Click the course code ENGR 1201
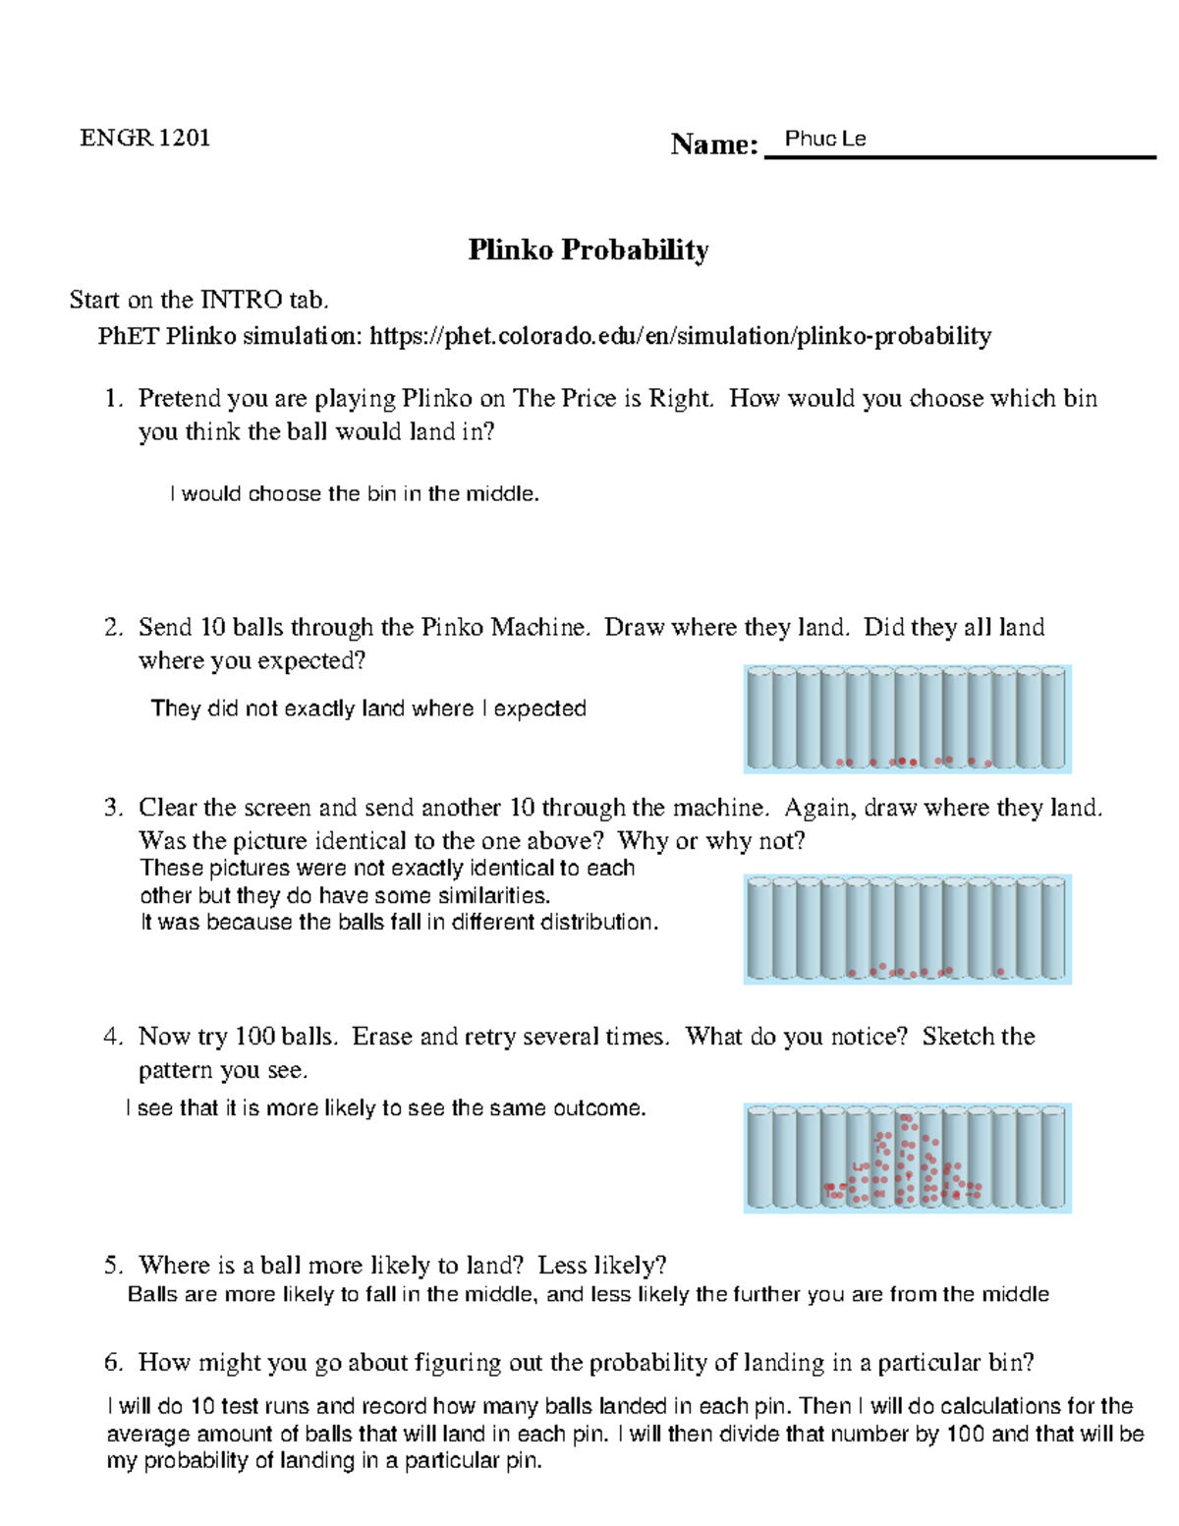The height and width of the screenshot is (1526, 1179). coord(144,138)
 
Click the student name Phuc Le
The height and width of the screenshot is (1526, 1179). coord(825,139)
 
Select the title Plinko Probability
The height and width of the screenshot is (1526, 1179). coord(588,250)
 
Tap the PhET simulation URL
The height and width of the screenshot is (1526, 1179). coord(679,337)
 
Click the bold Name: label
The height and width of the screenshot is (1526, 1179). coord(713,144)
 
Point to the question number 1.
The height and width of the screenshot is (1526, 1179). coord(114,399)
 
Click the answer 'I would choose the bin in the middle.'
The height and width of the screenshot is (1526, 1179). coord(355,494)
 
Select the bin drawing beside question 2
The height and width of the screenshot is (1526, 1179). coord(907,718)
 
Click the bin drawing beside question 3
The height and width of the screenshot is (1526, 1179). coord(907,930)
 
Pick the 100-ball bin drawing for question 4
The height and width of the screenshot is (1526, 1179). coord(907,1158)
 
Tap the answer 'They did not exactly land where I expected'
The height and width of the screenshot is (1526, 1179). coord(368,708)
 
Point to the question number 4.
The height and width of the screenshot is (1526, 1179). coord(113,1037)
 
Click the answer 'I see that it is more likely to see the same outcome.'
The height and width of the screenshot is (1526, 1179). coord(386,1108)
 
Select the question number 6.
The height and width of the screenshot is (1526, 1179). coord(113,1363)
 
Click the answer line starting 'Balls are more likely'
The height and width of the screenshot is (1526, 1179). coord(588,1294)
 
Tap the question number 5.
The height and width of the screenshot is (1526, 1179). coord(113,1266)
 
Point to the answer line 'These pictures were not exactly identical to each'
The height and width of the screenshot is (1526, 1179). coord(387,869)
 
